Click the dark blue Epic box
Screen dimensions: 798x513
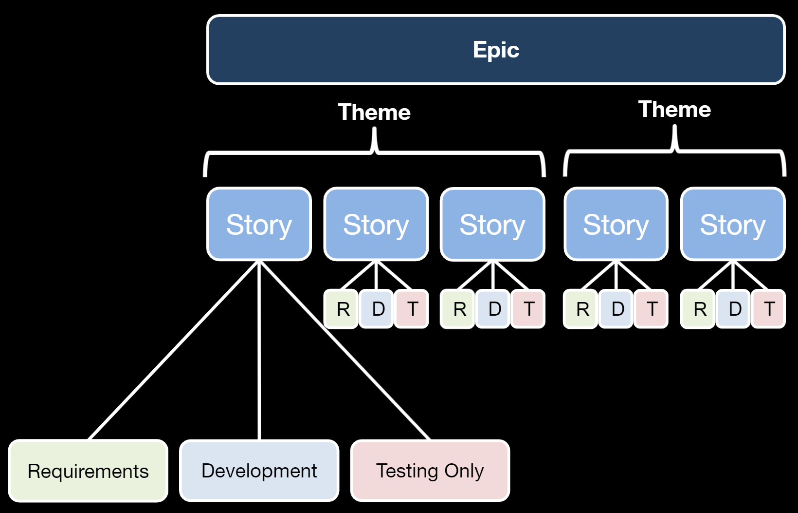(x=496, y=50)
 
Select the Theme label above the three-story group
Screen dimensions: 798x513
(x=374, y=112)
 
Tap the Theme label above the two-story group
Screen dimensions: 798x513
(x=674, y=109)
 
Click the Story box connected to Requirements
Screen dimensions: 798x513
(x=259, y=224)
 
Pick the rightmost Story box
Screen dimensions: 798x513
(x=733, y=224)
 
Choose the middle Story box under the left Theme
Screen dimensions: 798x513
(x=376, y=224)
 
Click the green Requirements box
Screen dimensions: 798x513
(x=88, y=471)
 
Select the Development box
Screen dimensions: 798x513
(x=259, y=471)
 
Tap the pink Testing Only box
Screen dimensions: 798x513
(x=430, y=471)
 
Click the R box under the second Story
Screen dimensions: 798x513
(x=341, y=309)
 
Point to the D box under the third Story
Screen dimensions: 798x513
(x=493, y=309)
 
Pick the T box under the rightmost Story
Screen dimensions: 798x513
(x=768, y=309)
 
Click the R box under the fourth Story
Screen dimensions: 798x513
(x=580, y=309)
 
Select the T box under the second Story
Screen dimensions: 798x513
(x=411, y=309)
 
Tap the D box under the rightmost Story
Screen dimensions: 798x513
(x=733, y=309)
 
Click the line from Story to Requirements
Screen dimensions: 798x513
(x=173, y=350)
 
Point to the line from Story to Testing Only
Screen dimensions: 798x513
(x=345, y=350)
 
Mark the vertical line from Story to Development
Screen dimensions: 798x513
(x=259, y=350)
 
